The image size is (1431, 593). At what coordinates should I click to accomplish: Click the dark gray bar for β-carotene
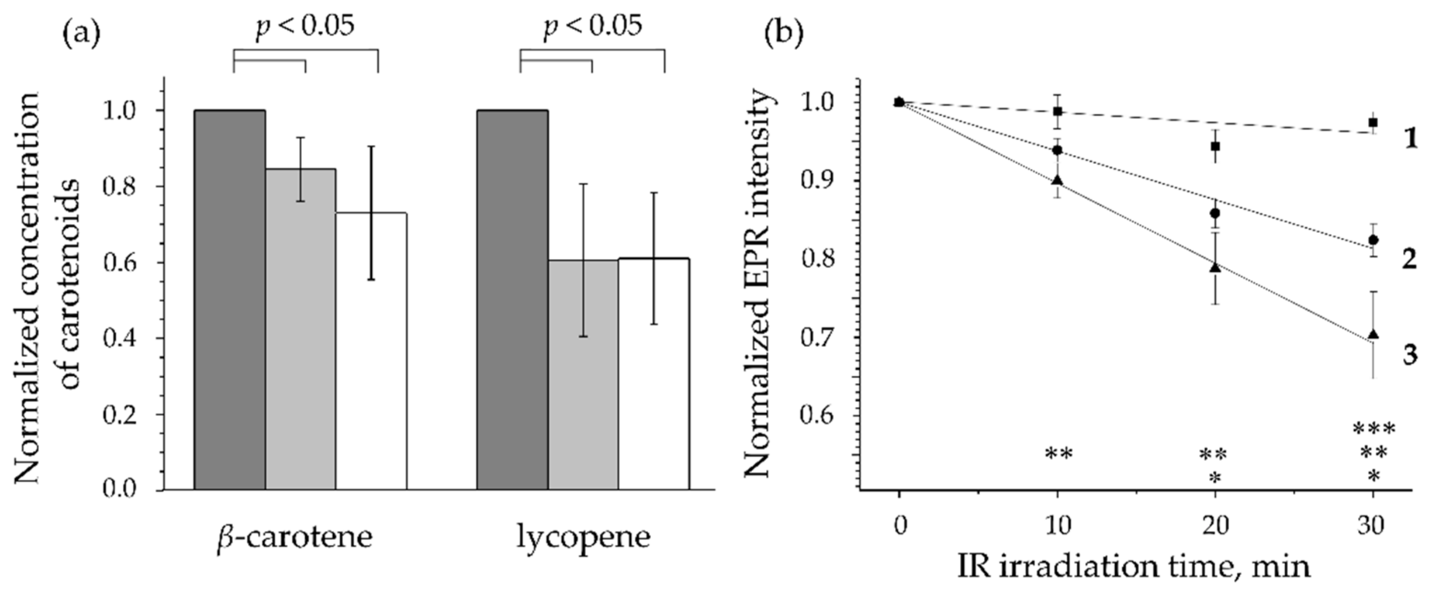point(229,300)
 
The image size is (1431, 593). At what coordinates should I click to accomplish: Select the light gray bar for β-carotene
point(301,329)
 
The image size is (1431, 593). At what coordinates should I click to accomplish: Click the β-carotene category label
point(295,537)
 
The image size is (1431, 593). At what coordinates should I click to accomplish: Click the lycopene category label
point(583,537)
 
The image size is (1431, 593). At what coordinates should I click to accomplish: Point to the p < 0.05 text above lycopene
point(592,26)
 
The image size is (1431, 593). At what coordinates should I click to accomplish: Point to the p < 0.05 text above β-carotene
point(305,26)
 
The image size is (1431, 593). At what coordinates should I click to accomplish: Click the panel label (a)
point(82,34)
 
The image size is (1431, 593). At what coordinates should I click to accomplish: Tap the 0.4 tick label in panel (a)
point(120,338)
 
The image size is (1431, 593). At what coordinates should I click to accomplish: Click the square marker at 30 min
point(1373,122)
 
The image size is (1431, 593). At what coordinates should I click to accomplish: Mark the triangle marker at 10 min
point(1057,180)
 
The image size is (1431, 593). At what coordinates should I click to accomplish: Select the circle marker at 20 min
point(1215,213)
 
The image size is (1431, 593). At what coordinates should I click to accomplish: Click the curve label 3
point(1410,354)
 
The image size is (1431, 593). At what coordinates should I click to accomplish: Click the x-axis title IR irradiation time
point(1133,567)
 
